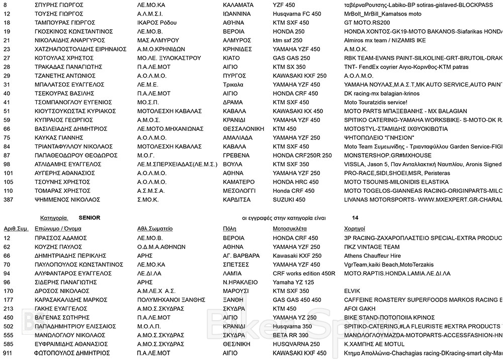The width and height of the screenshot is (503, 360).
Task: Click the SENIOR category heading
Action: pyautogui.click(x=91, y=219)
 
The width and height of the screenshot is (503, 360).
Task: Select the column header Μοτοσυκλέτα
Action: pyautogui.click(x=291, y=229)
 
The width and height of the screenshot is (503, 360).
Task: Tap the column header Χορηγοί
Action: pyautogui.click(x=355, y=229)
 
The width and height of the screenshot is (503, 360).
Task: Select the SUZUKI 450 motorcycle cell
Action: pyautogui.click(x=289, y=199)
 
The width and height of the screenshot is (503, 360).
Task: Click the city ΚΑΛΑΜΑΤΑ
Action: pyautogui.click(x=239, y=5)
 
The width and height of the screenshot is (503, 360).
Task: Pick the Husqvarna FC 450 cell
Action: pyautogui.click(x=297, y=14)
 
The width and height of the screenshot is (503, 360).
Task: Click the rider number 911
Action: pyautogui.click(x=8, y=353)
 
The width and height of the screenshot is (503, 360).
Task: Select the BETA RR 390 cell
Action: pyautogui.click(x=290, y=335)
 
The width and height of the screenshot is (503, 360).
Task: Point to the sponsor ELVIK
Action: pyautogui.click(x=352, y=291)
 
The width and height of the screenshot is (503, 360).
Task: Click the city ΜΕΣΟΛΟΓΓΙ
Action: pyautogui.click(x=239, y=191)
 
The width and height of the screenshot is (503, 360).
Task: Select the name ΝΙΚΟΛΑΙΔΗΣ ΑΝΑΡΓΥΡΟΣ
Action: pyautogui.click(x=70, y=40)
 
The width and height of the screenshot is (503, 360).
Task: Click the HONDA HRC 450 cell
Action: pyautogui.click(x=295, y=182)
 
